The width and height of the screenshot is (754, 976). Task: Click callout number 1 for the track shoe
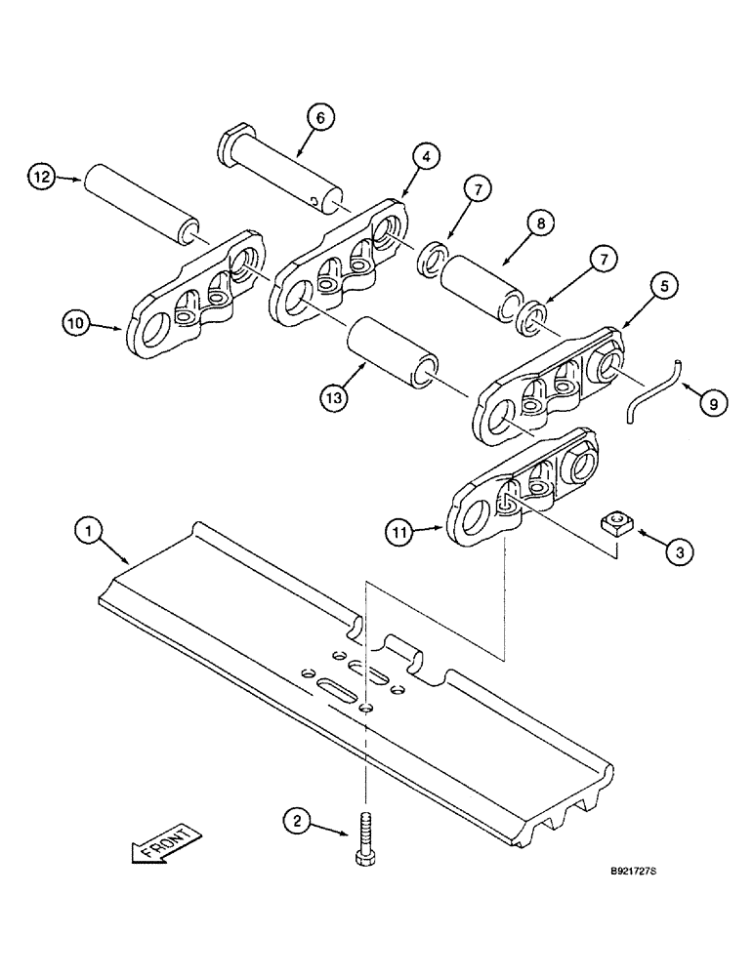[x=90, y=532]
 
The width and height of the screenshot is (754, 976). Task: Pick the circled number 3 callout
[x=679, y=550]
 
